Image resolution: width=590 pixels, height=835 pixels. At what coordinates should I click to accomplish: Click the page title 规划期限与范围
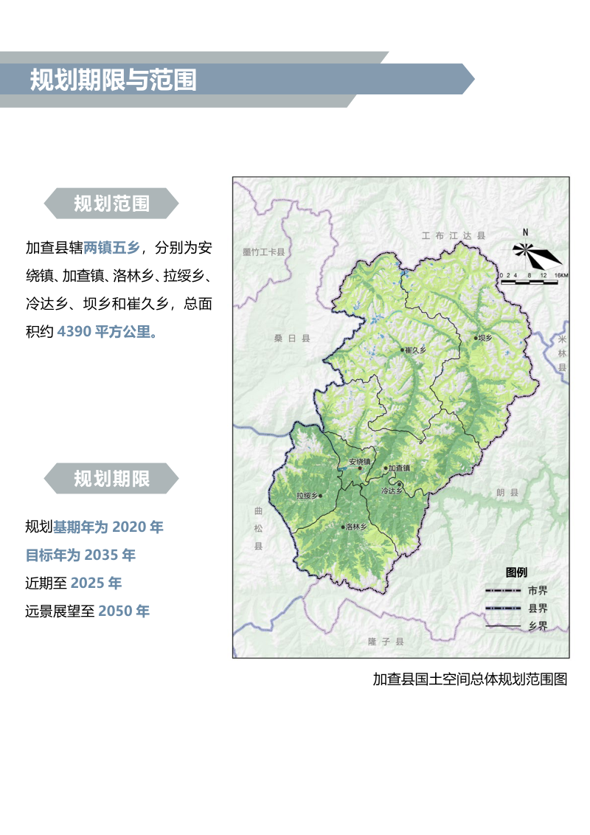tap(114, 80)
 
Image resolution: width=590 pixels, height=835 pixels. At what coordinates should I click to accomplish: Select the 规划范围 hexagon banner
tap(111, 204)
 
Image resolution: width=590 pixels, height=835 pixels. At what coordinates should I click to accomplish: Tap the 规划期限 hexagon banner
tap(111, 479)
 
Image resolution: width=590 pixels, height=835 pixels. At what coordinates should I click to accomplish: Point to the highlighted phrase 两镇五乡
tap(111, 246)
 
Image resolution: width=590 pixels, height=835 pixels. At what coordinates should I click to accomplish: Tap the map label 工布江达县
tap(454, 236)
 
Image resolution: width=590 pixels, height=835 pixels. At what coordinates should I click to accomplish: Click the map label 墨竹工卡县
tap(263, 252)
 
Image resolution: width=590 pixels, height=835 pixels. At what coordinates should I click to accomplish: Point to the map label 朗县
tap(507, 492)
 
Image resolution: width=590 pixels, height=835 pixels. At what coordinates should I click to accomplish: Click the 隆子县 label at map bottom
tap(386, 642)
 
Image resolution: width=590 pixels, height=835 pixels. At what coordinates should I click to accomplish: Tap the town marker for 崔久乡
tap(403, 350)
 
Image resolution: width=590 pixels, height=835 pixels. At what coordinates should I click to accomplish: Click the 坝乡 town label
tap(484, 338)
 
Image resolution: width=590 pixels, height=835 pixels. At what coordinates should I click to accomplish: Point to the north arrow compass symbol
tap(536, 254)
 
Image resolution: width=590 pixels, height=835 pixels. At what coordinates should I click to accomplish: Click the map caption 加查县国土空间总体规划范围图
tap(470, 679)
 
